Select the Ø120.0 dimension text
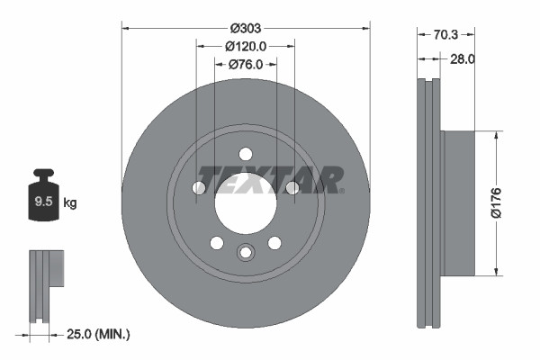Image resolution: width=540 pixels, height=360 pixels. [x=246, y=45]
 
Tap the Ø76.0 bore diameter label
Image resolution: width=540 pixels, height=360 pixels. [x=246, y=64]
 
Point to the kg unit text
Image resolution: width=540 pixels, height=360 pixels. [x=70, y=202]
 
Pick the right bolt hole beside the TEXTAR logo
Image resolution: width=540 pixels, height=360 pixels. [x=292, y=187]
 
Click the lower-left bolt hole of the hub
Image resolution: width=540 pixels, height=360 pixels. [x=217, y=242]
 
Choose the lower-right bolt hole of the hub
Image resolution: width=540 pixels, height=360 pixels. [x=274, y=242]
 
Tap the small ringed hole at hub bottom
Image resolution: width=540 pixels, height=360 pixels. [x=246, y=252]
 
